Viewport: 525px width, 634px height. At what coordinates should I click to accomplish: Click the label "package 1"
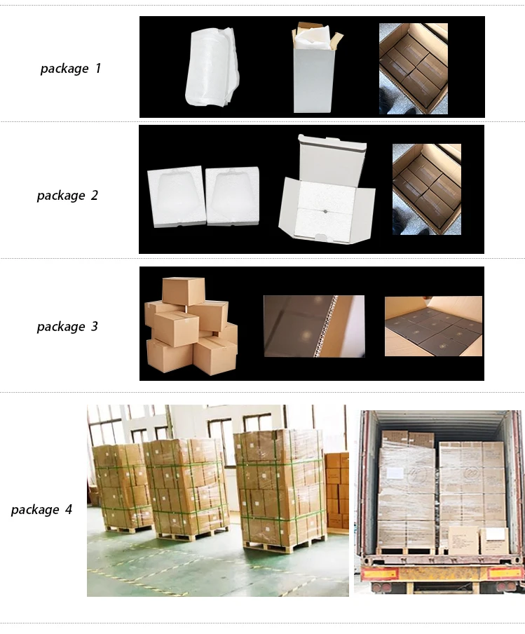(x=70, y=68)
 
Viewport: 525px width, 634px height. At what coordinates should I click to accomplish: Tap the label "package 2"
(x=67, y=196)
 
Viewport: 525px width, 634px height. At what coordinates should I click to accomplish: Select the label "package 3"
(x=67, y=326)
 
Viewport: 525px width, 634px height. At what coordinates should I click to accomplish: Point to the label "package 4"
(x=41, y=509)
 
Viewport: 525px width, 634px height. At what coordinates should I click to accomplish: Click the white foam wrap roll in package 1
(x=212, y=67)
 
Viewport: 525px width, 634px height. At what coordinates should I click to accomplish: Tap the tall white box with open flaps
(x=315, y=69)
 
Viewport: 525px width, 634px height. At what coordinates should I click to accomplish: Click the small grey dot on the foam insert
(x=325, y=210)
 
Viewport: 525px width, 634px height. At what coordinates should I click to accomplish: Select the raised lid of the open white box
(x=332, y=160)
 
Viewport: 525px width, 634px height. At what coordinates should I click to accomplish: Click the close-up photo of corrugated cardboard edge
(x=314, y=326)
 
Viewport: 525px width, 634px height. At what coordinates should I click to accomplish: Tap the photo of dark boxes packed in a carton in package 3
(x=433, y=326)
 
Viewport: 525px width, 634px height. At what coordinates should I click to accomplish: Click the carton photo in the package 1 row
(x=413, y=68)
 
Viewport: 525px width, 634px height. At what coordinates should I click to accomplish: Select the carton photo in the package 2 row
(x=426, y=189)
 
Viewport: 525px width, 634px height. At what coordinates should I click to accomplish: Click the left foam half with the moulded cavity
(x=175, y=196)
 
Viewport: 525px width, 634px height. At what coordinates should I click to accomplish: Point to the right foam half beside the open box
(x=233, y=196)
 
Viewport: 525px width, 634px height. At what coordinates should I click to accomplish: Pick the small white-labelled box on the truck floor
(x=494, y=541)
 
